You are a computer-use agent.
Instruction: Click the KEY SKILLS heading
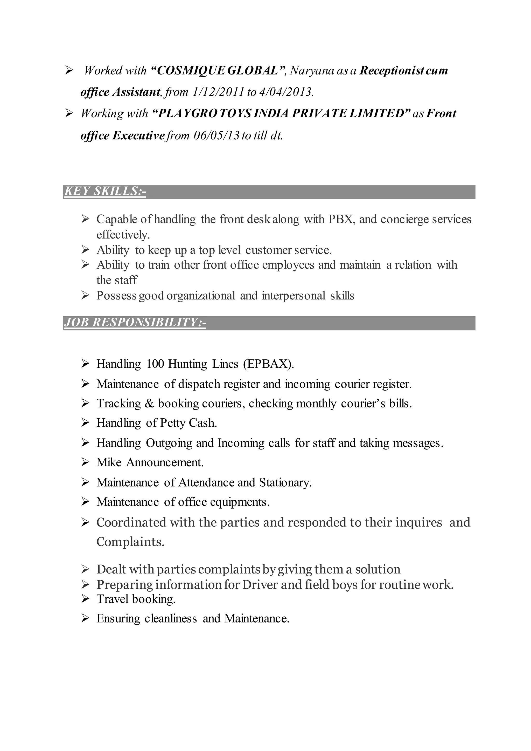point(105,191)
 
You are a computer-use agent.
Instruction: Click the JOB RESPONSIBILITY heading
point(135,322)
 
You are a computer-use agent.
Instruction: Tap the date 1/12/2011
point(218,92)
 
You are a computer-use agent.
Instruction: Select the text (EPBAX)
point(268,364)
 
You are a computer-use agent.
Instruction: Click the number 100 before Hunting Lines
point(155,364)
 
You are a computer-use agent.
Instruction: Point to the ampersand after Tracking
point(149,403)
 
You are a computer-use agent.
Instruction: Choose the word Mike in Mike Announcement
point(109,462)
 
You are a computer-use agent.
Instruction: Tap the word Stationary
point(285,482)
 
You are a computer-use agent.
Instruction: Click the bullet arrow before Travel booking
point(85,599)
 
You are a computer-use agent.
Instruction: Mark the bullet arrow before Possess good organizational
point(85,296)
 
